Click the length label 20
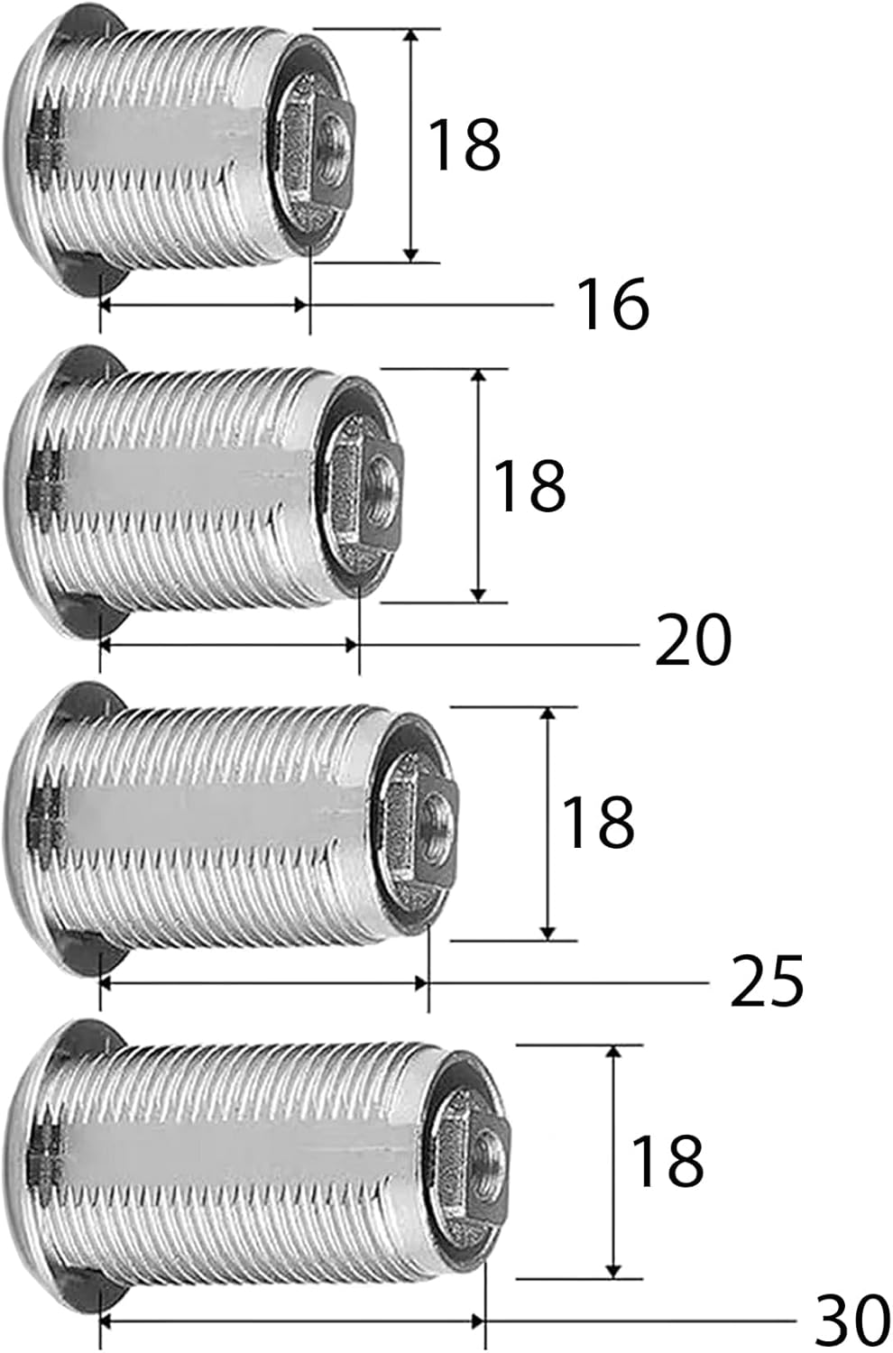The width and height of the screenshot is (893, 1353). point(692,641)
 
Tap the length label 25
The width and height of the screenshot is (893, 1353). point(766,981)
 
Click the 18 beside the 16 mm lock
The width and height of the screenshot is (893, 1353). point(463,145)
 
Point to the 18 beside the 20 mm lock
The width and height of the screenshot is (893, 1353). point(529,485)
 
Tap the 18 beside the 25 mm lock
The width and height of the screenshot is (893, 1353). point(597,822)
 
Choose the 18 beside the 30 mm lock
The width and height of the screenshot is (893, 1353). point(667,1160)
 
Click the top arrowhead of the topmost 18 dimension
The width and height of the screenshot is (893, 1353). point(411,36)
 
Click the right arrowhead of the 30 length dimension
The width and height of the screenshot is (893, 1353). point(477,1321)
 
